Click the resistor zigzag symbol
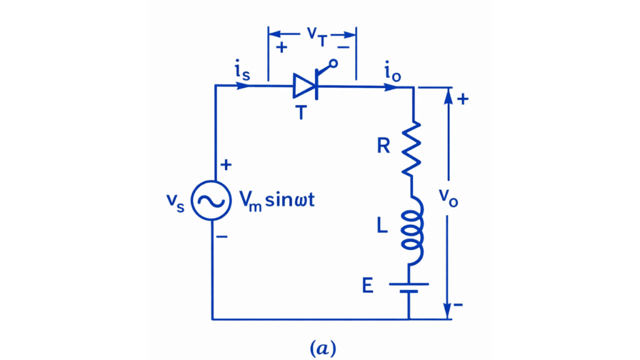[411, 148]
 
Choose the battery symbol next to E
[410, 288]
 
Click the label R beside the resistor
[383, 146]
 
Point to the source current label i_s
[243, 72]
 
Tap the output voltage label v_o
[463, 199]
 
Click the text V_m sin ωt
[281, 201]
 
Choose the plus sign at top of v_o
[463, 99]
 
